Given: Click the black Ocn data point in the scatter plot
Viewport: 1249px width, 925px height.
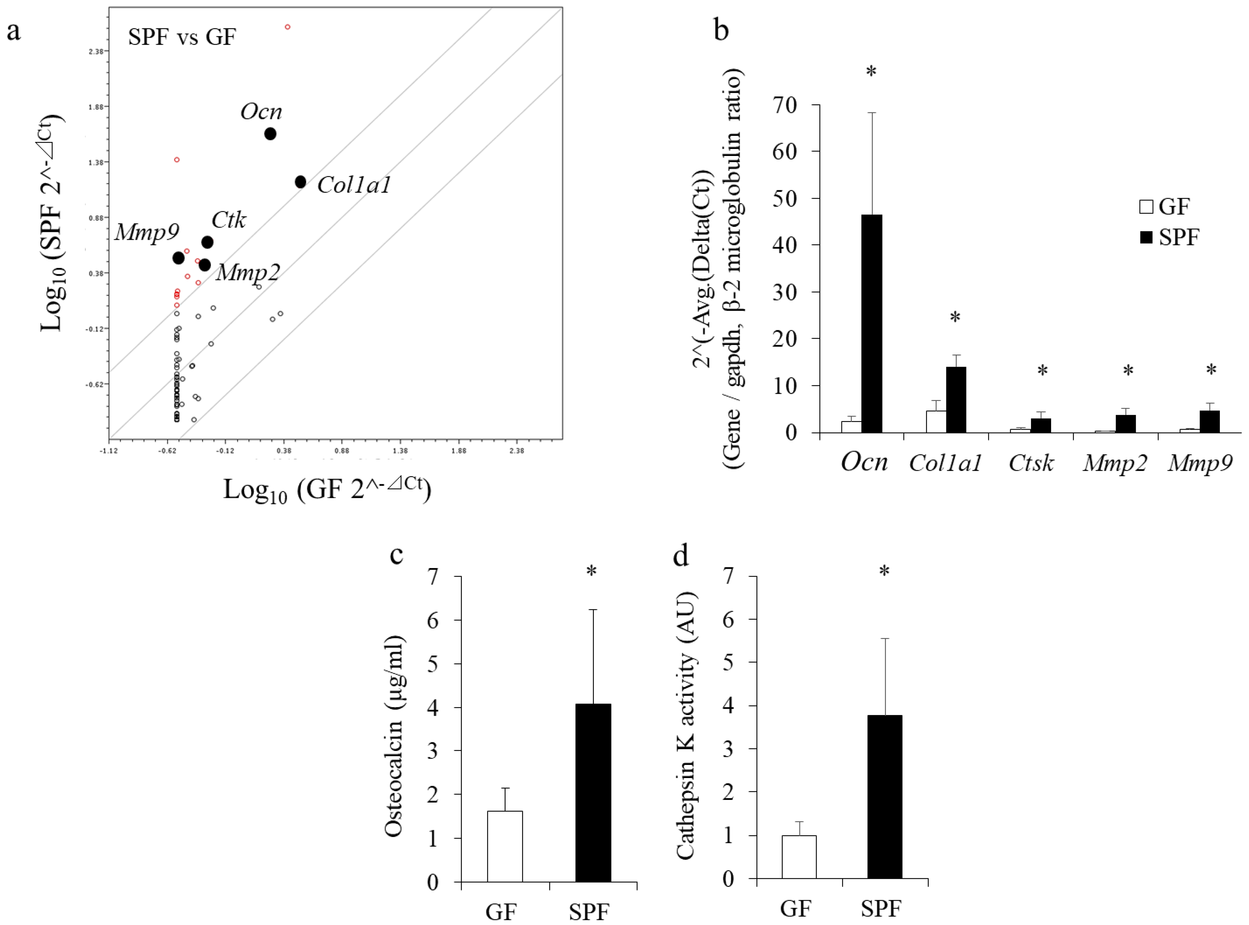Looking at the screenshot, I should [x=270, y=134].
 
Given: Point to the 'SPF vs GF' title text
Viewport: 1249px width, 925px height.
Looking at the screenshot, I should [x=182, y=37].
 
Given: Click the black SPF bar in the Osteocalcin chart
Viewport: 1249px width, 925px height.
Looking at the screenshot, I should [x=593, y=793].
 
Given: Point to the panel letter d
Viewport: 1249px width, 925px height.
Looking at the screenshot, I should [x=680, y=556].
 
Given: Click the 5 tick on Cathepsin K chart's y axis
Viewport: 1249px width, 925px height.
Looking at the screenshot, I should [x=729, y=662].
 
